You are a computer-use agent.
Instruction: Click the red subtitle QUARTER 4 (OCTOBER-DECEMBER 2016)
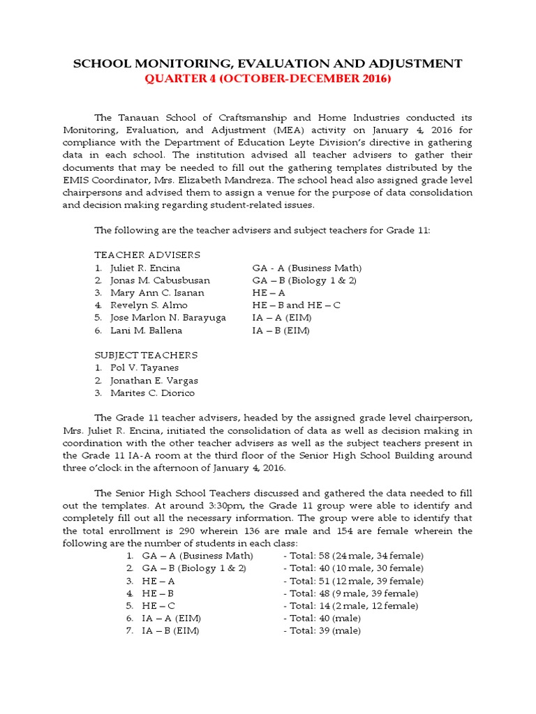[268, 79]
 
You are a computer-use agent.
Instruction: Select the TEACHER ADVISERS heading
[147, 255]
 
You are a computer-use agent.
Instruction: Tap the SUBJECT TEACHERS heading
[146, 355]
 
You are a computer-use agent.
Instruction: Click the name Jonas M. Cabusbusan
[160, 280]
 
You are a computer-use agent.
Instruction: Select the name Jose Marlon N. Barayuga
[168, 318]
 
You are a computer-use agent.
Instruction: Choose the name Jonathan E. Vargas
[154, 381]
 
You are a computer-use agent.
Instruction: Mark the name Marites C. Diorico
[152, 393]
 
